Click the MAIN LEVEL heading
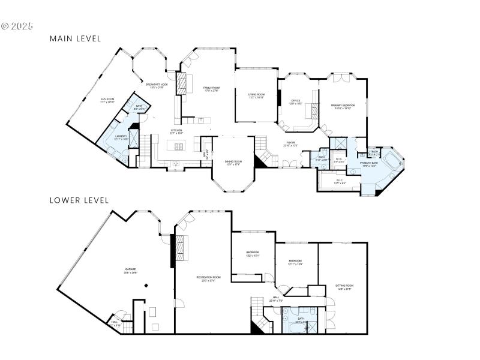point(75,38)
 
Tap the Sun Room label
point(107,100)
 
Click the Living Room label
point(257,95)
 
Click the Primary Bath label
point(368,164)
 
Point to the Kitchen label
point(176,131)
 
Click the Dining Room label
point(233,162)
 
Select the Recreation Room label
point(208,278)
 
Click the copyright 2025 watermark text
point(17,26)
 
